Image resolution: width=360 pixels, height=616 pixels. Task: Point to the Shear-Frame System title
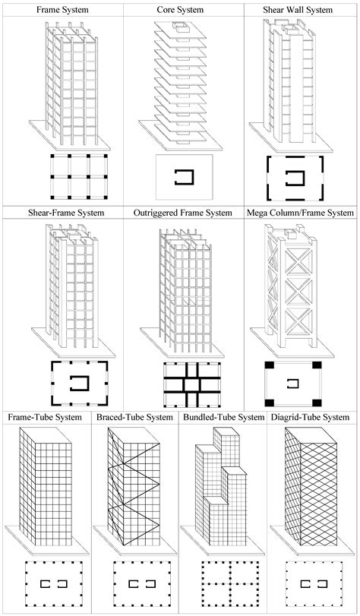[x=62, y=213]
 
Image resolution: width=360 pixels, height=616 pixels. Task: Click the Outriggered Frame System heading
[x=183, y=213]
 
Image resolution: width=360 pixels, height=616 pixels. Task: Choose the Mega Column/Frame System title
[x=300, y=213]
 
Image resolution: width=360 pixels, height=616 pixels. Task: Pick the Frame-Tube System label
[x=46, y=417]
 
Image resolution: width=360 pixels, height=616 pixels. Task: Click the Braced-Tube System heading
[x=135, y=417]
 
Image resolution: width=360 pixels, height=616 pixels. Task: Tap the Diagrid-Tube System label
[x=313, y=417]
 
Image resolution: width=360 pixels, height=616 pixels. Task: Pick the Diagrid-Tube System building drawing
[x=314, y=486]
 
